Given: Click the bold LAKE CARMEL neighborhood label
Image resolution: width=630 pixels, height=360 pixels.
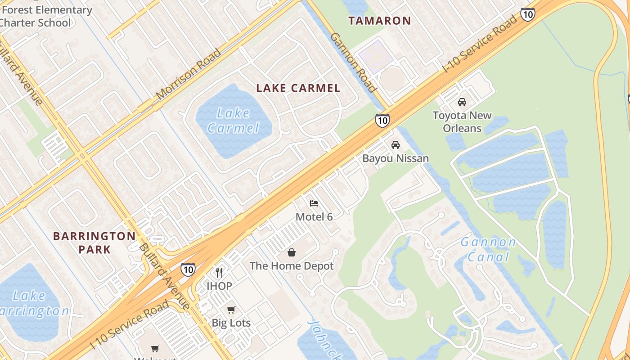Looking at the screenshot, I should point(298,88).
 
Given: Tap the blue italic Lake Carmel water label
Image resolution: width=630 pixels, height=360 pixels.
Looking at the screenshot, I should point(234,121).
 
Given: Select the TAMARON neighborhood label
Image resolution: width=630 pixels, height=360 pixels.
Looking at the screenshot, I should point(380,21).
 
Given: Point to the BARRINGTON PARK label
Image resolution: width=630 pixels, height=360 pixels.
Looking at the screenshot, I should point(94,243).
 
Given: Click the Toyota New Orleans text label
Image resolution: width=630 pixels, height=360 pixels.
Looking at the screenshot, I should point(462,122).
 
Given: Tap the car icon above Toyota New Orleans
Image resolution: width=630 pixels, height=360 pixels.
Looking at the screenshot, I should point(462,102).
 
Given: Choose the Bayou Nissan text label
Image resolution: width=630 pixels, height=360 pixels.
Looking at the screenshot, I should point(396,158).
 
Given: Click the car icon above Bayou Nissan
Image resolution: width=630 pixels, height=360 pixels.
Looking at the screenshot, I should point(396,145).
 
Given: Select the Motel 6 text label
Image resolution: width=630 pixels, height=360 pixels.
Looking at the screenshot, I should point(314,217).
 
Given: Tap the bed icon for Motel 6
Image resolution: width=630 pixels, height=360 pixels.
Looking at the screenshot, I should point(314,203).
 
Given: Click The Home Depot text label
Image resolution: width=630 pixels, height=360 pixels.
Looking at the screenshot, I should point(292,266).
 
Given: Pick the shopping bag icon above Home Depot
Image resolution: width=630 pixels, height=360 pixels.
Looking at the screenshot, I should point(292,252).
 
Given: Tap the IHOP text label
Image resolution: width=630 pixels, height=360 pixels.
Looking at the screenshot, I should point(219,286).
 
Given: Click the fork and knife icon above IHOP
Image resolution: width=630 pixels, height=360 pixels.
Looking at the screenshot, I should point(219,272).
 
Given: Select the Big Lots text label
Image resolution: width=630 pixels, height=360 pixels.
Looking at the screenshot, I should point(231,323).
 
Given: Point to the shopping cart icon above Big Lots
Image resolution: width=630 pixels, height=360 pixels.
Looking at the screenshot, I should point(231,310).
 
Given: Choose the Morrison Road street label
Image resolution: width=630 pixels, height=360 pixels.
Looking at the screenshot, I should point(189,74).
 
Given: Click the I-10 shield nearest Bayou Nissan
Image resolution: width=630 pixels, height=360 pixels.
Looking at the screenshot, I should point(382,121).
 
